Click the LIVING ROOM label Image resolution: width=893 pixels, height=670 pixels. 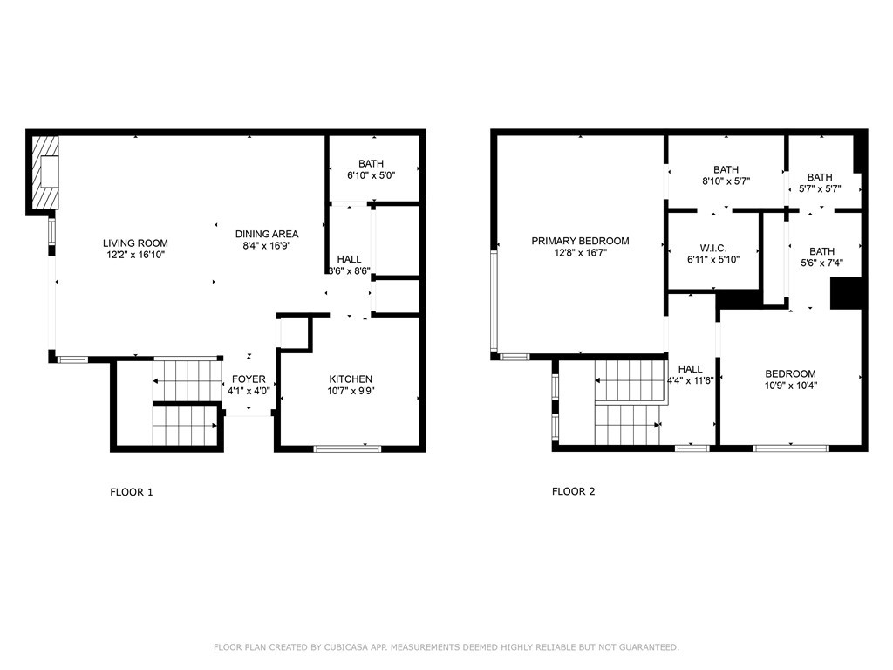pos(135,243)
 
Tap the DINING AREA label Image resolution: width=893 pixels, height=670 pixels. pos(267,234)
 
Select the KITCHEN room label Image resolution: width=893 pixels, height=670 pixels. pos(351,379)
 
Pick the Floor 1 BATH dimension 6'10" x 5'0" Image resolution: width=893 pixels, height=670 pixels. pos(371,176)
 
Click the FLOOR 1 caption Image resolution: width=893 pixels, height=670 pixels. pos(131,492)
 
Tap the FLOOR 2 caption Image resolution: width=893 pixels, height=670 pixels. pos(573,492)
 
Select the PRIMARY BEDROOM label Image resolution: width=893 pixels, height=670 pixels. pos(580,241)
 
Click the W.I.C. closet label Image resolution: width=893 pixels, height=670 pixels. pos(712,248)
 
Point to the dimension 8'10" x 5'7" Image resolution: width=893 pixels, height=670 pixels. pos(726,181)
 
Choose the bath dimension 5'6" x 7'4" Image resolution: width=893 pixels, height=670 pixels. pos(821,262)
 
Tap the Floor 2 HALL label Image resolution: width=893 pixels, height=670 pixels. pos(690,369)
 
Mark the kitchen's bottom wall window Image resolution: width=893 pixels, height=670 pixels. pos(347,448)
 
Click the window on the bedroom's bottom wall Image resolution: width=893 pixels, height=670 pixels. pos(790,448)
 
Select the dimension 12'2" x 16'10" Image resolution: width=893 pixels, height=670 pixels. pos(135,255)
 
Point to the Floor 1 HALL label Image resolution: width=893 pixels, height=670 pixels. pos(350,260)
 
